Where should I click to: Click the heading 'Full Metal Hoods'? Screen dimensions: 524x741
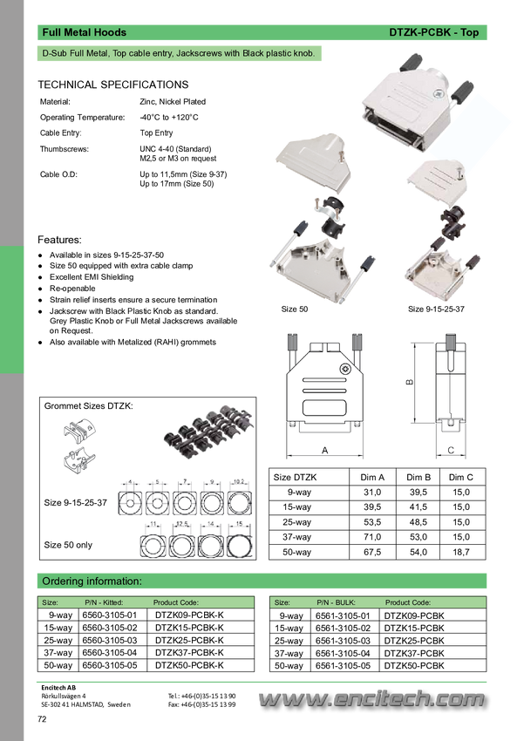pyautogui.click(x=85, y=32)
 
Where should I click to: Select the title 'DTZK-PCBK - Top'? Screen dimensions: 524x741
pyautogui.click(x=434, y=32)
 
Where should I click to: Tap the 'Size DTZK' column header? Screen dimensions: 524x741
pyautogui.click(x=296, y=478)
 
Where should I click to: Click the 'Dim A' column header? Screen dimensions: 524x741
pyautogui.click(x=372, y=478)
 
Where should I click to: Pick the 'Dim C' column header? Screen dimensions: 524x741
pyautogui.click(x=461, y=478)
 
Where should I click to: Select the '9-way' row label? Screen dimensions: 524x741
pyautogui.click(x=298, y=493)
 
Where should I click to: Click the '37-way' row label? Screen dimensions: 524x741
pyautogui.click(x=298, y=537)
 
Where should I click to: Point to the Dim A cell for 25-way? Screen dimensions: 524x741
pyautogui.click(x=372, y=522)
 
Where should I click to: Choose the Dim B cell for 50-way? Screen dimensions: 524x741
pyautogui.click(x=419, y=552)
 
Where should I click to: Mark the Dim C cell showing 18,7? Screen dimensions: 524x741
pyautogui.click(x=461, y=552)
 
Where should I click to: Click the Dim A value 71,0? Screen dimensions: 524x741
pyautogui.click(x=372, y=537)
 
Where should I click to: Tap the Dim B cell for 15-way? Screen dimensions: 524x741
pyautogui.click(x=419, y=507)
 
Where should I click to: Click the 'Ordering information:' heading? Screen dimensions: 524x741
pyautogui.click(x=92, y=581)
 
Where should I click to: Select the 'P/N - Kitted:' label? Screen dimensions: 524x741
pyautogui.click(x=104, y=602)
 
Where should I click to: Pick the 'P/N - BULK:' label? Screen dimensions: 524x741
pyautogui.click(x=336, y=602)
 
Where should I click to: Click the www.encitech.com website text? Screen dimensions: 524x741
pyautogui.click(x=370, y=697)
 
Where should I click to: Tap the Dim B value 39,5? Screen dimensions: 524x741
pyautogui.click(x=419, y=493)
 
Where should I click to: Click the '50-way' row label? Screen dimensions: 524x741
pyautogui.click(x=298, y=552)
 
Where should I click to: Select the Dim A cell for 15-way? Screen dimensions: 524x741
pyautogui.click(x=372, y=507)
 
